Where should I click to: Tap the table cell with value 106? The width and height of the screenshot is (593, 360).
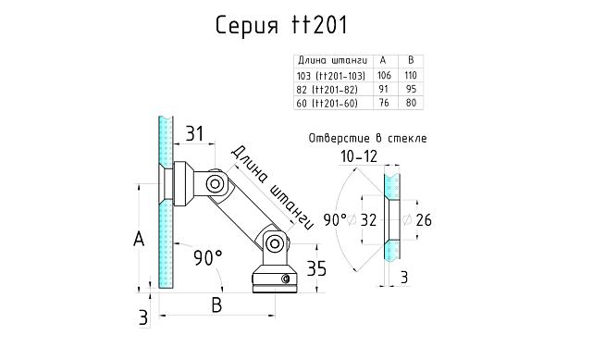tap(383, 75)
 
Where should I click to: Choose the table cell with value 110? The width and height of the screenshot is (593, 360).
tap(411, 75)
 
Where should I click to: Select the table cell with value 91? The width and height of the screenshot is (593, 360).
tap(383, 89)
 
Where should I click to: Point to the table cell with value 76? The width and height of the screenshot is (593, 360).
tap(383, 103)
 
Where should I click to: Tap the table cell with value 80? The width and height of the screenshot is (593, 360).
tap(411, 103)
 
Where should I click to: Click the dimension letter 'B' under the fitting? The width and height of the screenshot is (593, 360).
tap(216, 304)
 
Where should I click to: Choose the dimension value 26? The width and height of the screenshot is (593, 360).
tap(425, 220)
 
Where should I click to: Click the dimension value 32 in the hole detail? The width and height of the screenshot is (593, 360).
tap(368, 220)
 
